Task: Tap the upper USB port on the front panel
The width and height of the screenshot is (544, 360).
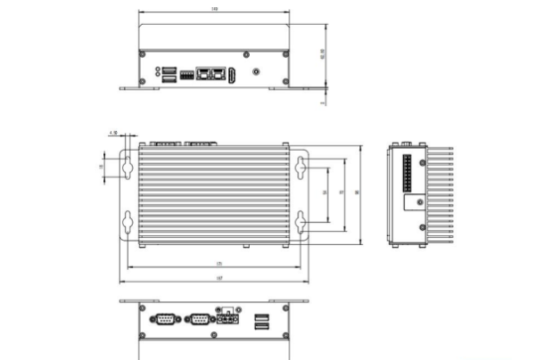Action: coord(168,69)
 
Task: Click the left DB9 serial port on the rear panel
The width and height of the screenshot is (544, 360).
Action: coord(164,318)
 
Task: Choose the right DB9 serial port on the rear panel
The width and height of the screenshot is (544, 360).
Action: coord(198,318)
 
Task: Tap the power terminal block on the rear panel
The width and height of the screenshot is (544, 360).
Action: coord(230,319)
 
